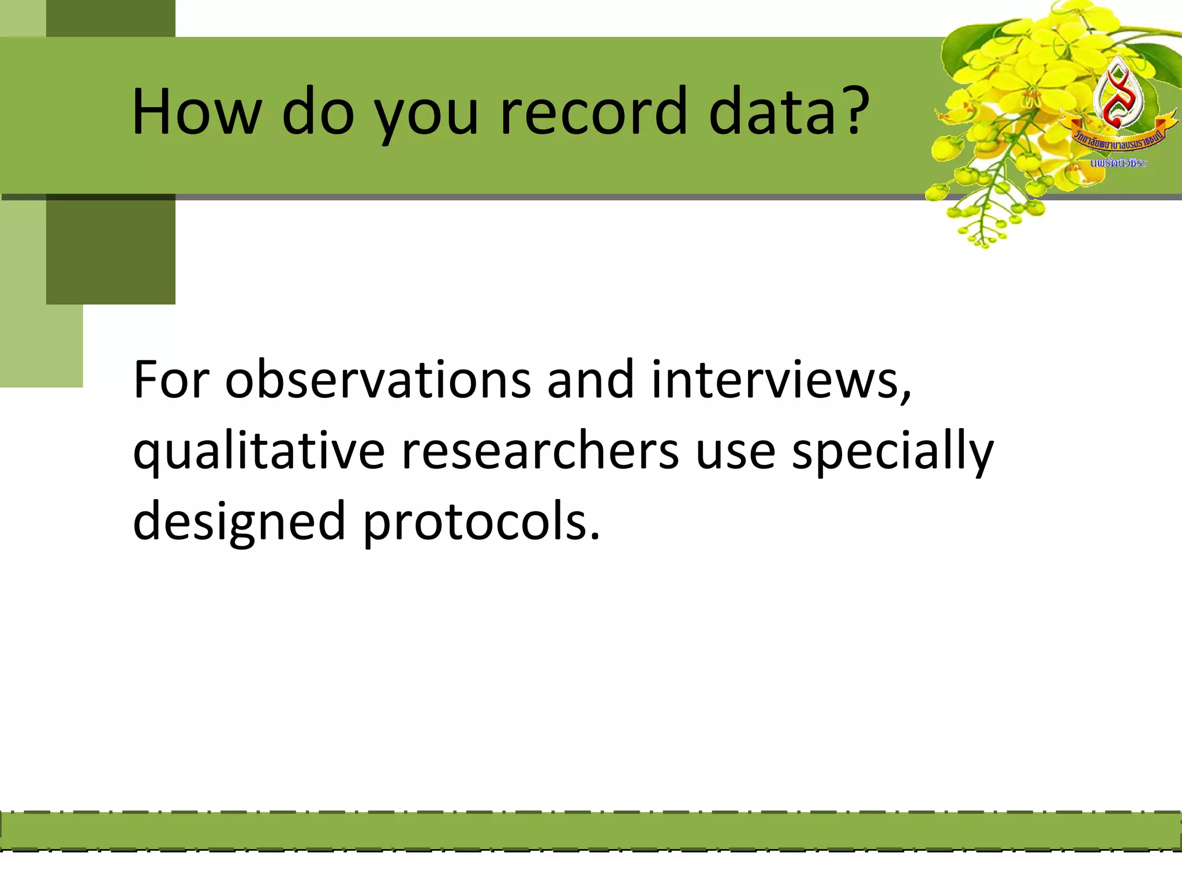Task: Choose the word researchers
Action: [x=540, y=451]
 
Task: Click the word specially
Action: [x=892, y=451]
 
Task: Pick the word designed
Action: [x=239, y=522]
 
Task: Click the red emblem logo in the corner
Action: [x=1118, y=95]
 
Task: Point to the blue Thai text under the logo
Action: [x=1119, y=163]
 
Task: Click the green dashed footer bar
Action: [x=591, y=831]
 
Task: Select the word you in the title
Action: [x=427, y=112]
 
